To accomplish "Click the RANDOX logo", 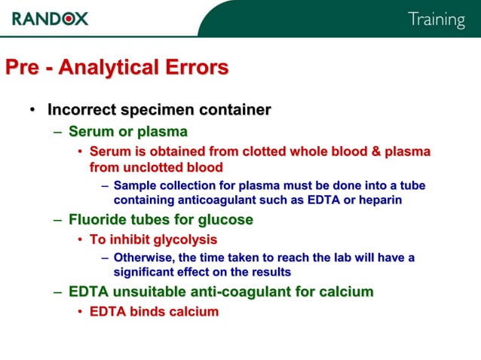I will click(50, 17).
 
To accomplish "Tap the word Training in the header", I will click(437, 20).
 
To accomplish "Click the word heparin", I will click(380, 200).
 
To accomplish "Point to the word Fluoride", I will click(97, 221).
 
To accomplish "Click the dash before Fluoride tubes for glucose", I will click(58, 221).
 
